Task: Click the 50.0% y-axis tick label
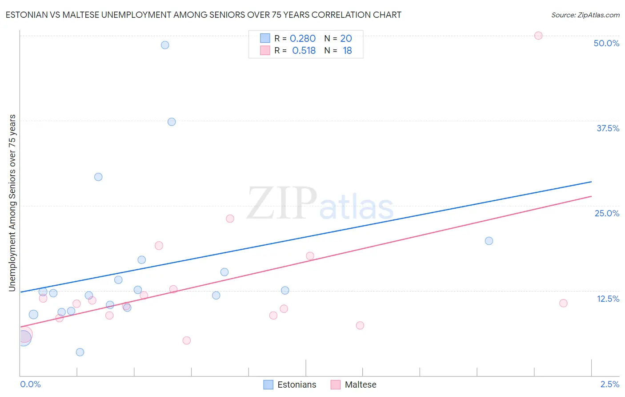[x=606, y=43]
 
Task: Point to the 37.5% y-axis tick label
[x=608, y=128]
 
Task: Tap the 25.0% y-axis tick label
[x=607, y=213]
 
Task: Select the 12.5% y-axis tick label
[x=608, y=299]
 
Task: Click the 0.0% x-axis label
[x=30, y=384]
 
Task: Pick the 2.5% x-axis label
[x=610, y=384]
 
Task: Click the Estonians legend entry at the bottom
[x=290, y=385]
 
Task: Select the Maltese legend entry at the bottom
[x=354, y=385]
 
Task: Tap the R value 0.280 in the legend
[x=303, y=39]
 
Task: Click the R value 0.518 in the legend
[x=304, y=51]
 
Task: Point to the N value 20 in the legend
[x=346, y=39]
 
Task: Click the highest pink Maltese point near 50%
[x=538, y=36]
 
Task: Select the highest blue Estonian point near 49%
[x=165, y=45]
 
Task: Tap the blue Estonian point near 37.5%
[x=172, y=122]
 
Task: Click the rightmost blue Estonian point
[x=489, y=241]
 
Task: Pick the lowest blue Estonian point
[x=80, y=352]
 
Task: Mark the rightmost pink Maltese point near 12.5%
[x=563, y=303]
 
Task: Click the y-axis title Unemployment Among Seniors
[x=12, y=203]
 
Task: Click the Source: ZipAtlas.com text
[x=585, y=15]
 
